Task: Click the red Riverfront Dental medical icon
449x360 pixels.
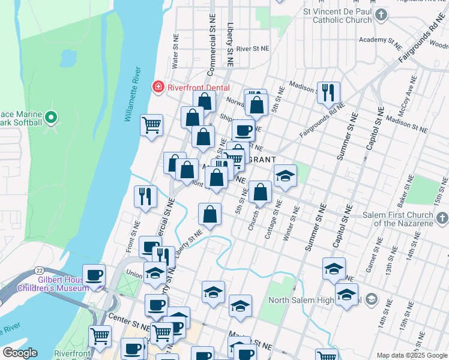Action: click(x=158, y=87)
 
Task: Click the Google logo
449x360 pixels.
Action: click(x=19, y=353)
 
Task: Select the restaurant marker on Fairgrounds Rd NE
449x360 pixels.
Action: click(x=328, y=92)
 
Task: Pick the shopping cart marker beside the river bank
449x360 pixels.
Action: click(x=151, y=125)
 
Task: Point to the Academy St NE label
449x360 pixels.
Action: click(x=381, y=41)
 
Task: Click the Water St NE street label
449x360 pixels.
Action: click(x=175, y=54)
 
